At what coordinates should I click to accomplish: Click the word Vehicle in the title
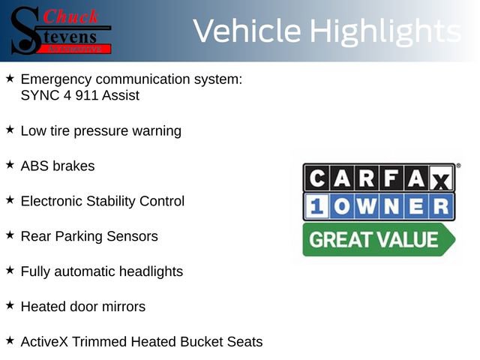247,31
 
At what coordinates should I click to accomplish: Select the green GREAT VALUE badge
378,240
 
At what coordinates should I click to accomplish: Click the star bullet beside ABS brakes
10,164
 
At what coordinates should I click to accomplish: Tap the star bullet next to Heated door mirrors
10,305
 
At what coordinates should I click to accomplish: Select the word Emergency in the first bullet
55,79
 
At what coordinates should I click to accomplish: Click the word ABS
34,166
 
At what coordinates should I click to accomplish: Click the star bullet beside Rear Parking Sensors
10,235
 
